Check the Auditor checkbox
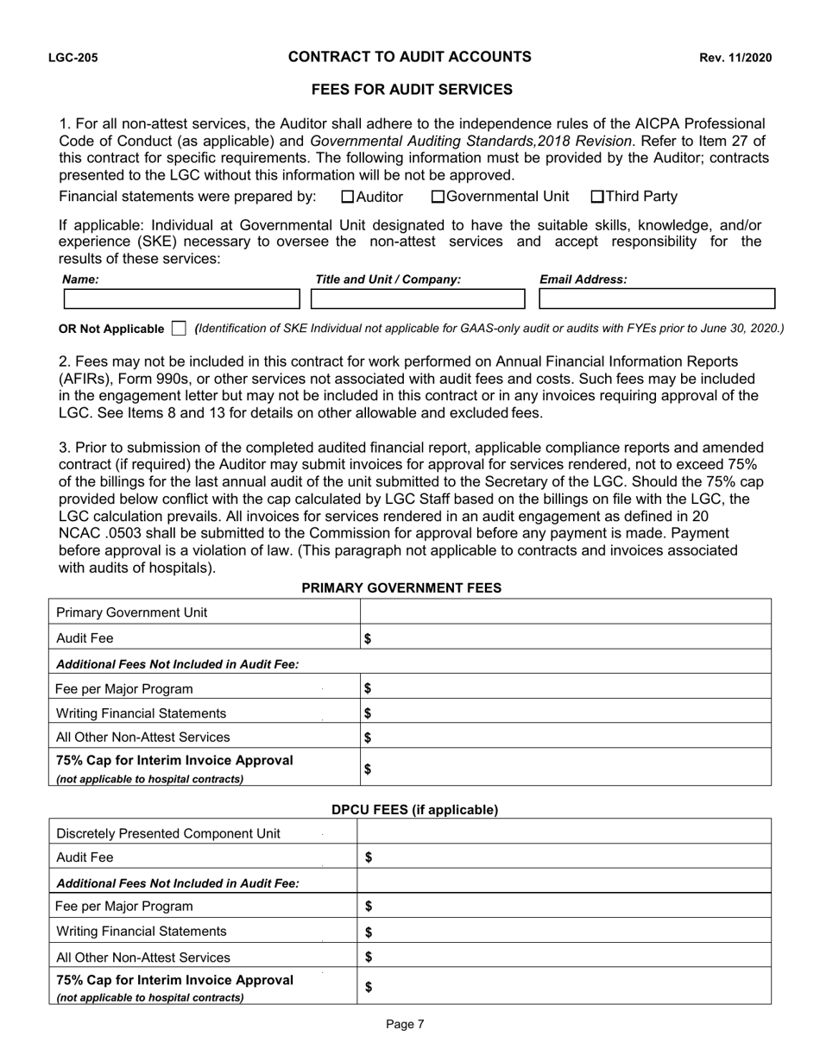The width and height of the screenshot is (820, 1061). [349, 197]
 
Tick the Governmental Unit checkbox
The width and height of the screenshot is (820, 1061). [438, 197]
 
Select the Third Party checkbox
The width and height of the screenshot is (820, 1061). [597, 197]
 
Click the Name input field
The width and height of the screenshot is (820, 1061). [181, 299]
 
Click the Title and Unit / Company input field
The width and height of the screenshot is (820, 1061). [418, 299]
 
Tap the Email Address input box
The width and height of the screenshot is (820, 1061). [657, 299]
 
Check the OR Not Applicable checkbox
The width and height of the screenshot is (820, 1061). [179, 328]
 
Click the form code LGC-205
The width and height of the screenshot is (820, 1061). [73, 59]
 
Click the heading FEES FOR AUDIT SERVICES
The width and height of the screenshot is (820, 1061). [412, 90]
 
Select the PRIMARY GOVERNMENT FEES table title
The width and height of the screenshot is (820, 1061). [401, 587]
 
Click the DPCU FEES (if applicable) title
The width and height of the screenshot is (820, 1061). [415, 810]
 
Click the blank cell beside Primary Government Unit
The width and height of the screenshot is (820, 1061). [565, 612]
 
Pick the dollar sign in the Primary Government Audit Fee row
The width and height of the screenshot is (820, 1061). [368, 638]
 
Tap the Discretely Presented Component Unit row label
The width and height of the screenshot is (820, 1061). [168, 833]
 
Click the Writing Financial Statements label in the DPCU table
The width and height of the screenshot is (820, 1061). [142, 932]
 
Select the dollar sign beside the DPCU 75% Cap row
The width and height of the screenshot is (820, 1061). [369, 988]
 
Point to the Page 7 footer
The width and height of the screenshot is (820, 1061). [405, 1025]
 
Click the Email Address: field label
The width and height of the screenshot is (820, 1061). [583, 279]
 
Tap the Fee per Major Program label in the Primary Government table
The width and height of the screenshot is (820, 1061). [124, 688]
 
